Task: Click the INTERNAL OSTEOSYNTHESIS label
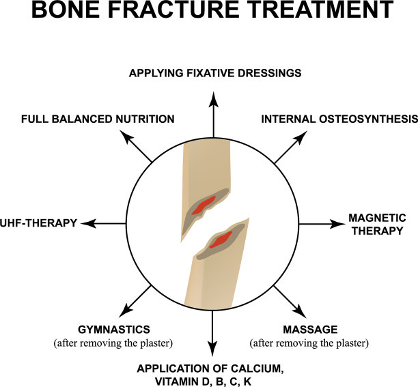tap(339, 119)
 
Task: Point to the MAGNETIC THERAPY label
tap(377, 224)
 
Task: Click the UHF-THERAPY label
tap(38, 223)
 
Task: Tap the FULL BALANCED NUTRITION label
tap(98, 119)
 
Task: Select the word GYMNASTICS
tap(115, 329)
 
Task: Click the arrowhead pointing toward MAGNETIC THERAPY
tap(337, 224)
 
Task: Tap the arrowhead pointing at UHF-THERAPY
tap(88, 223)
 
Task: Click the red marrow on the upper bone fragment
tap(203, 205)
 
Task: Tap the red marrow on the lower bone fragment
tap(220, 240)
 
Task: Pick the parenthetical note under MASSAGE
tap(309, 342)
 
